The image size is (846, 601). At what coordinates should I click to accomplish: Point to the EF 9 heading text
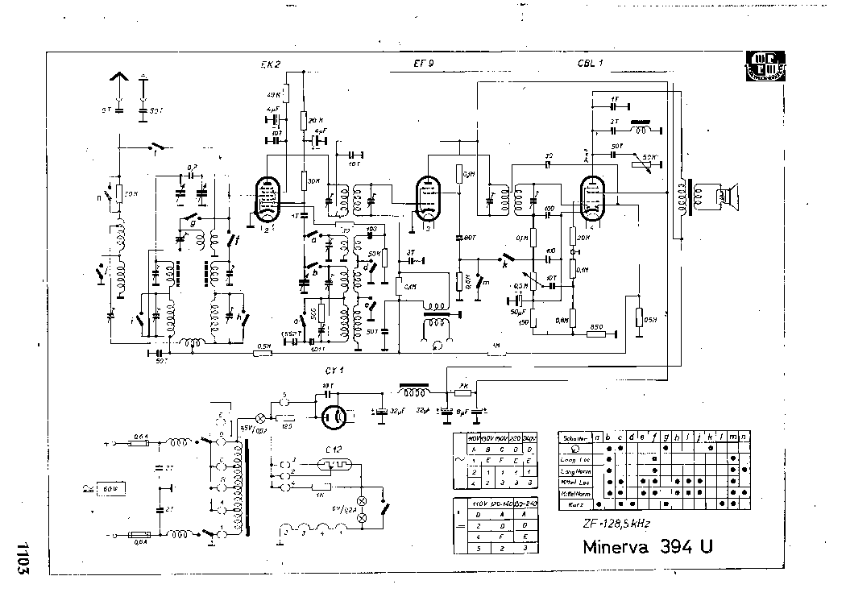(423, 64)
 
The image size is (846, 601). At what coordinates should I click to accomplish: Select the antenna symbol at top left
(118, 81)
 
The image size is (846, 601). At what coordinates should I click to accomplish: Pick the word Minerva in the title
(618, 547)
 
